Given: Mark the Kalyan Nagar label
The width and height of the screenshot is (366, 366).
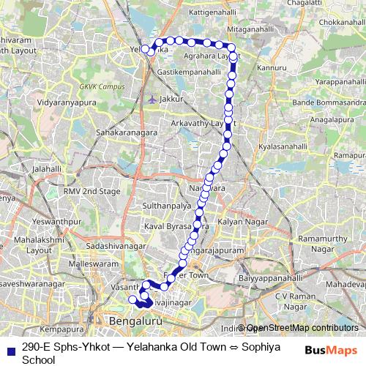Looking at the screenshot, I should point(239,221).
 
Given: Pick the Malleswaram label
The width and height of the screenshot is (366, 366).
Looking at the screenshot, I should point(92,263).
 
